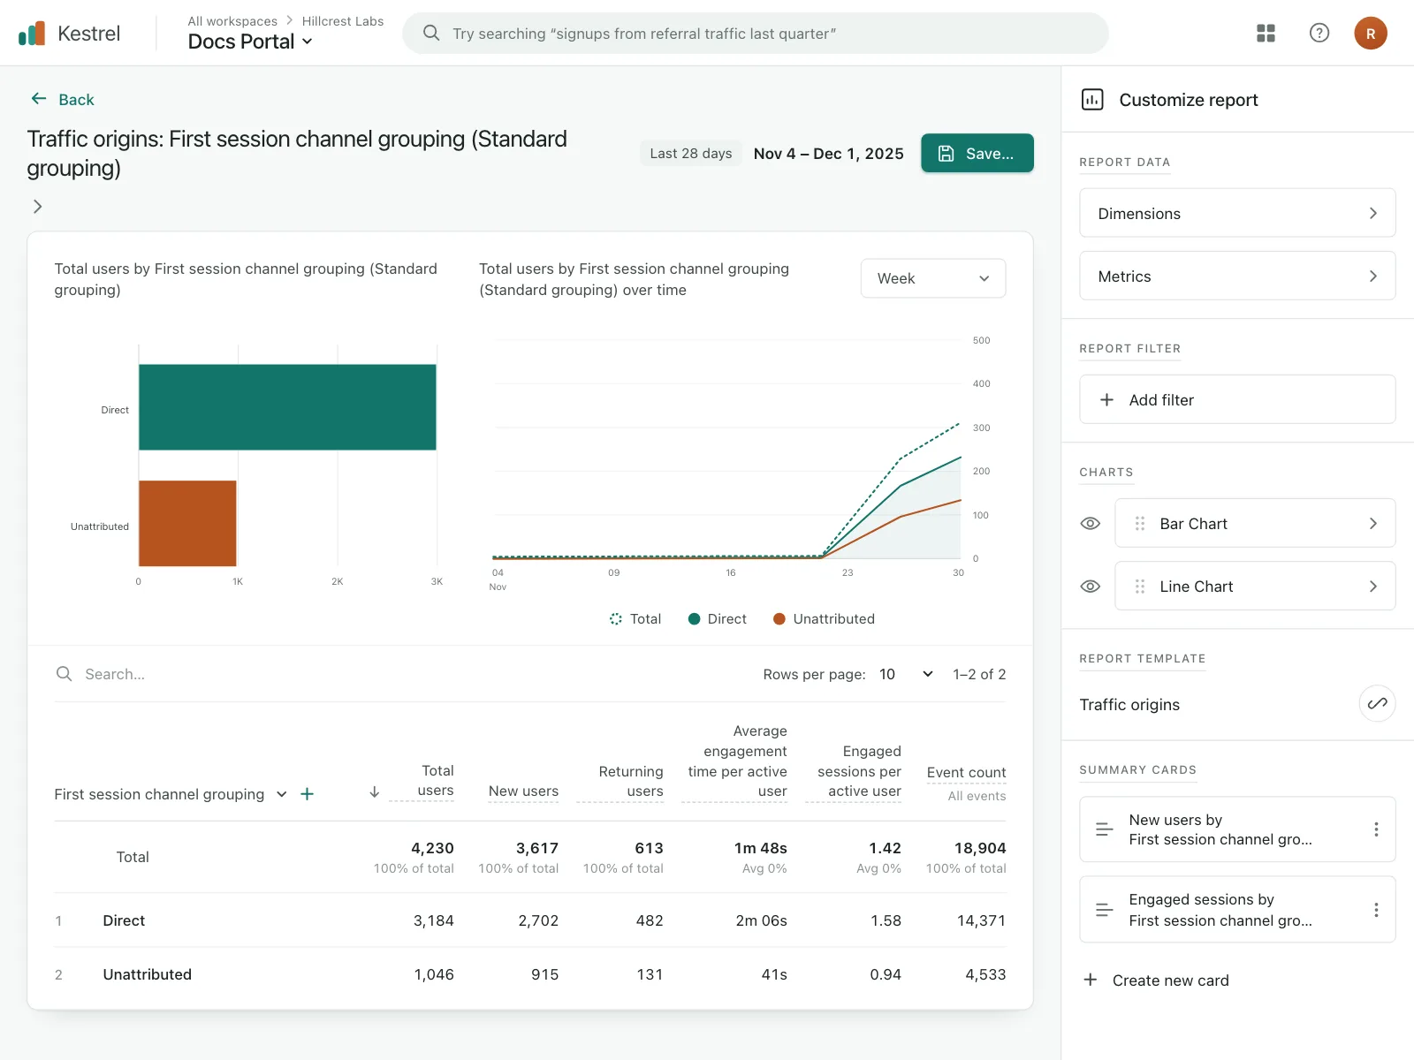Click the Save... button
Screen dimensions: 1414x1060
977,153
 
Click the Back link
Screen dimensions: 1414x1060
63,99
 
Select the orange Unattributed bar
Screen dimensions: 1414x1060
187,523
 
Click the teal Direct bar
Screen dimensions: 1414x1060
287,406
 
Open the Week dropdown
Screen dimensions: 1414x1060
932,278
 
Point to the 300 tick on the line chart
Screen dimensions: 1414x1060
981,428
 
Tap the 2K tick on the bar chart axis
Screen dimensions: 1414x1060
337,581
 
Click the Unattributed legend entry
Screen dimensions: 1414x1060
824,618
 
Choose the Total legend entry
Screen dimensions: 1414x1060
635,618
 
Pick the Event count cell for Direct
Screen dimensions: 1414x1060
981,920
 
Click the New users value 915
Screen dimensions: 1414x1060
544,974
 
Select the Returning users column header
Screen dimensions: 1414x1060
630,781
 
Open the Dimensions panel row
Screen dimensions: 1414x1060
1237,213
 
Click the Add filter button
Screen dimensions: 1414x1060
1237,399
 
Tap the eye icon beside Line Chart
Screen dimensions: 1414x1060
1090,587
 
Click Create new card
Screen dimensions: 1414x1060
1156,980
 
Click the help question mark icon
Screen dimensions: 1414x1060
1319,33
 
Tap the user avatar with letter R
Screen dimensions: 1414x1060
1370,33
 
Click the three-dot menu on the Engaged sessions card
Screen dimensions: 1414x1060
1376,910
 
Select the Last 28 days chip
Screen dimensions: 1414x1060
690,153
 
